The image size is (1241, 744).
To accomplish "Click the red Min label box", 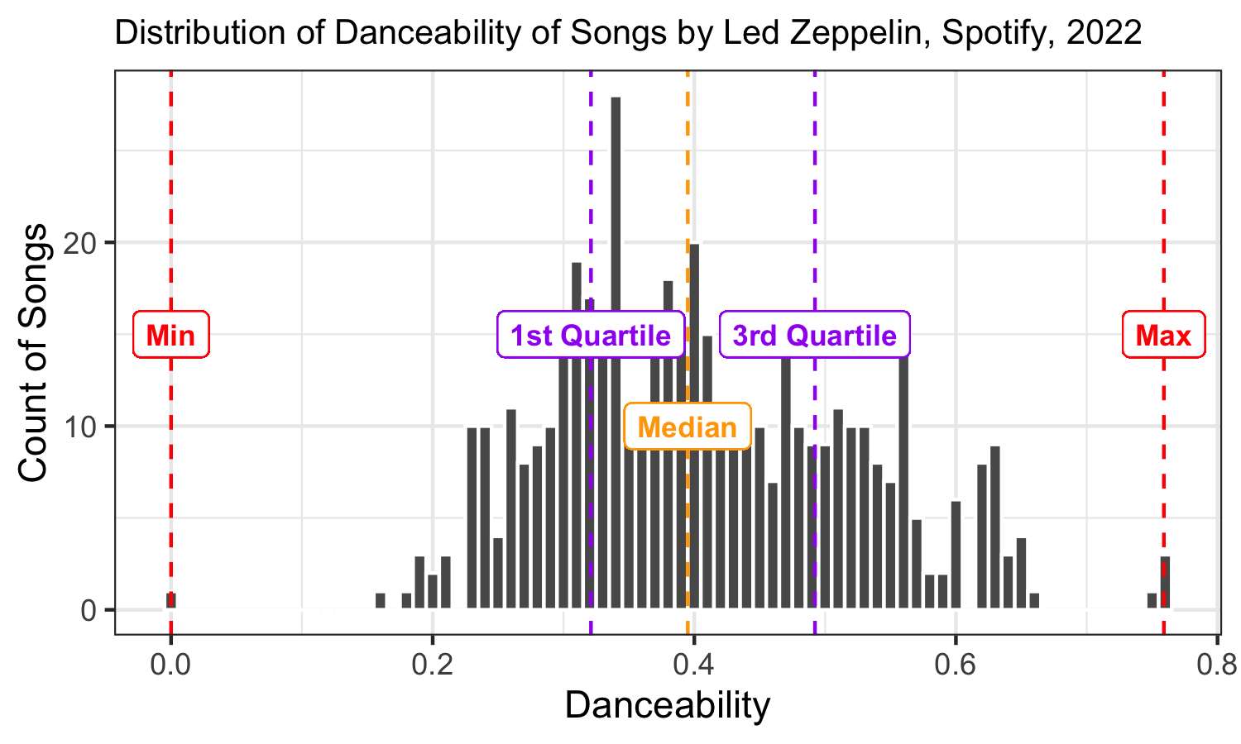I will (x=171, y=336).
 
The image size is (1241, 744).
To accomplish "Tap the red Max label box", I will (x=1163, y=336).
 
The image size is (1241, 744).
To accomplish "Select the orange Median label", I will (x=688, y=427).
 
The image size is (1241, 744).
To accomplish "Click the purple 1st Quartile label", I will (x=591, y=336).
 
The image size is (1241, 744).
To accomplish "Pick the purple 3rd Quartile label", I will (x=815, y=336).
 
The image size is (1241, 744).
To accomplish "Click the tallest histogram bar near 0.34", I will (x=616, y=248).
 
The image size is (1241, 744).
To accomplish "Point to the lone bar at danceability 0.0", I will (x=171, y=600).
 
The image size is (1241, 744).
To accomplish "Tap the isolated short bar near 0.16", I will (x=381, y=601).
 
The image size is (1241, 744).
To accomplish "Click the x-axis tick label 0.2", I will (x=432, y=663).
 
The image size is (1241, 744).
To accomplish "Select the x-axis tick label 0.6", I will (x=955, y=663).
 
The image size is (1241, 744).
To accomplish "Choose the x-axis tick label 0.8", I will (x=1216, y=663).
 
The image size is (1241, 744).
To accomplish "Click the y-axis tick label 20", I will (x=85, y=243).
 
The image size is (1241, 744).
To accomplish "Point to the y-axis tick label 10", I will (x=85, y=427).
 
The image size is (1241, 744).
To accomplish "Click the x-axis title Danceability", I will (x=668, y=706).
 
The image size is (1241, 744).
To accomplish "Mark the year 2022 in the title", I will (x=1104, y=33).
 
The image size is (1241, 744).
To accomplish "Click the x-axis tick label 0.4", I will (x=693, y=663).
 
